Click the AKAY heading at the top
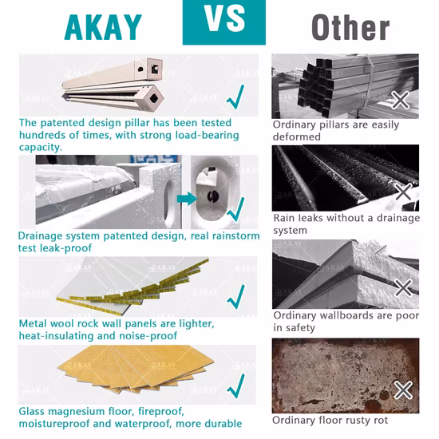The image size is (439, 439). point(103,27)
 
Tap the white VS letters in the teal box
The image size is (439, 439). point(224,19)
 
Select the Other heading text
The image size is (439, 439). point(350,27)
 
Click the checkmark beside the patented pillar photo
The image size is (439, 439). point(235,97)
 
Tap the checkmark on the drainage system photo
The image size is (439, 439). point(235,209)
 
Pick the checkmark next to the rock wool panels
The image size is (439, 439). point(235,297)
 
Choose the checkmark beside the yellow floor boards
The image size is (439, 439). point(235,386)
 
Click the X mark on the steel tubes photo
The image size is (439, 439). point(400,100)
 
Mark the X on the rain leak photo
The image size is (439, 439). point(403,192)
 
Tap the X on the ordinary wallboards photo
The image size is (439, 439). point(403,287)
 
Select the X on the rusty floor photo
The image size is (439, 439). point(403,390)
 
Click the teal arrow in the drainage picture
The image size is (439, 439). point(187,199)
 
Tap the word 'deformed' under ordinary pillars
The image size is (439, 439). point(296,136)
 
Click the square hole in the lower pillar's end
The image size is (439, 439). point(153,98)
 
